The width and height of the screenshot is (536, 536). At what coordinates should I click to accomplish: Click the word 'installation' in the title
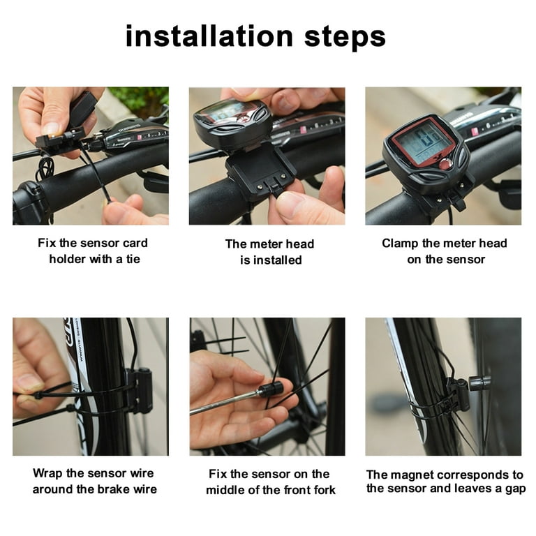[x=209, y=36]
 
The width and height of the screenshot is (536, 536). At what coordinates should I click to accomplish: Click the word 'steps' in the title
[x=345, y=38]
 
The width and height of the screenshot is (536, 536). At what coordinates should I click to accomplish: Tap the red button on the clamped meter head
[x=445, y=165]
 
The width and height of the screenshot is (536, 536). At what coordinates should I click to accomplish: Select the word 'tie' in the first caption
[x=133, y=259]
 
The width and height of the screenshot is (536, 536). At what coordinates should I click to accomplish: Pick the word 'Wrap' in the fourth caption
[x=48, y=474]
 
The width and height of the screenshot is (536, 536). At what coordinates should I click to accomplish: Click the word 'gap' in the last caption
[x=515, y=489]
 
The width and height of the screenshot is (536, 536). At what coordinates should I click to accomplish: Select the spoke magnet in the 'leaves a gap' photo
[x=480, y=383]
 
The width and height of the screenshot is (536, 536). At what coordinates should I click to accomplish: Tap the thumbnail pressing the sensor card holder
[x=51, y=129]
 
